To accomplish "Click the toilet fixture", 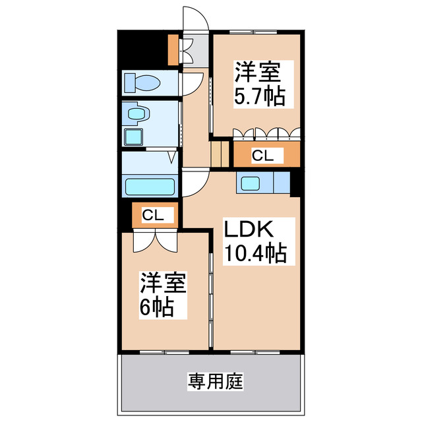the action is point(142,83).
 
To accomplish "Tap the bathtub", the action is point(150,187).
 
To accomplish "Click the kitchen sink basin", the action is point(251,183).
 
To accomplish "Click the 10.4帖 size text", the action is point(255,253).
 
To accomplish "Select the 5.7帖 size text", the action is point(260,96).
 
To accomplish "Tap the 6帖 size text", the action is point(156,307).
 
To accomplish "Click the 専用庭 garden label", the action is point(216,381).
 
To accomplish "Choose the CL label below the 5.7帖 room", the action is point(262,156).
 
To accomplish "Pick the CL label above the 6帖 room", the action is point(153,215).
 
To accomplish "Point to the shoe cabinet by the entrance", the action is point(173,50).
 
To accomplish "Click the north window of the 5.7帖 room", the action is point(253,32).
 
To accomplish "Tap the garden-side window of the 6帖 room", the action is point(164,352).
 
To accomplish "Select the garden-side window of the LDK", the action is point(255,352).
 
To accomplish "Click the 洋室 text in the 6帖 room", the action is point(163,283).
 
